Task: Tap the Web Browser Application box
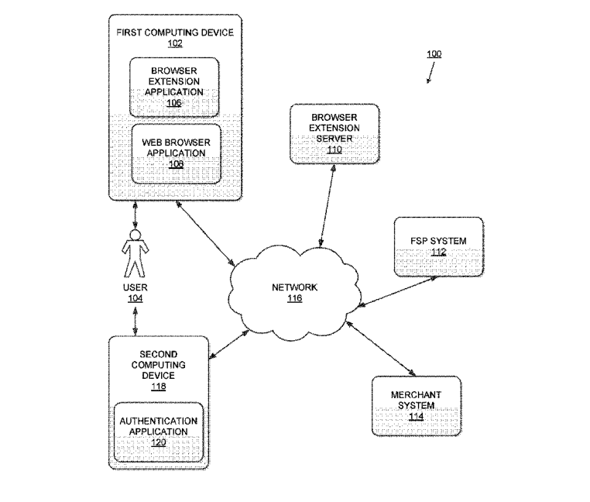tap(173, 153)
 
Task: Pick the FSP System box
tap(438, 247)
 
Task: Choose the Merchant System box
tap(416, 405)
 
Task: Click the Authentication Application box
tap(158, 430)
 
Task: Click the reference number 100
tap(434, 54)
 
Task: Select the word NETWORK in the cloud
tap(294, 287)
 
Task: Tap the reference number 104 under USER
tap(135, 299)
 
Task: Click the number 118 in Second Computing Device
tap(158, 387)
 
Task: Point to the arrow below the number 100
tap(428, 72)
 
